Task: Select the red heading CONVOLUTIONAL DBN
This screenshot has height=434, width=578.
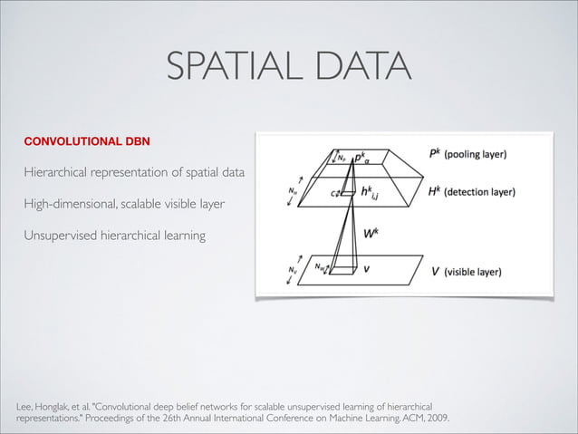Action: coord(86,142)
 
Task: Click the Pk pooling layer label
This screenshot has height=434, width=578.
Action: coord(467,154)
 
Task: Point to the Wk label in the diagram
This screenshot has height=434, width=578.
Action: coord(371,233)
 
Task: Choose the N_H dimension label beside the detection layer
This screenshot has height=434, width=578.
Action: coord(291,192)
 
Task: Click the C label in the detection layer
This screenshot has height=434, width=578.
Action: coord(333,193)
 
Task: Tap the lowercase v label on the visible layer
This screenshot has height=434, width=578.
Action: coord(367,268)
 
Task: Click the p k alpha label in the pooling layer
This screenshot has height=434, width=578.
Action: coord(361,157)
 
